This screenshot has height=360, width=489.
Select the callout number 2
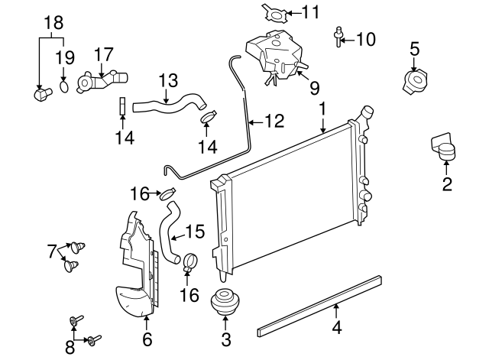coord(447,183)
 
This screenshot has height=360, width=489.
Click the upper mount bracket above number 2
coord(442,148)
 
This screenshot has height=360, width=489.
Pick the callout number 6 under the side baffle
coord(147,338)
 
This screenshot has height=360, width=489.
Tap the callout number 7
coord(52,250)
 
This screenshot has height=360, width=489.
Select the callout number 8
coord(70,348)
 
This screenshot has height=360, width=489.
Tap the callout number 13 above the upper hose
coord(167,79)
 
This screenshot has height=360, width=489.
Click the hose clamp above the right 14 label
coord(209,117)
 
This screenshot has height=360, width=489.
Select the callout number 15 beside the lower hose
coord(196,229)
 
